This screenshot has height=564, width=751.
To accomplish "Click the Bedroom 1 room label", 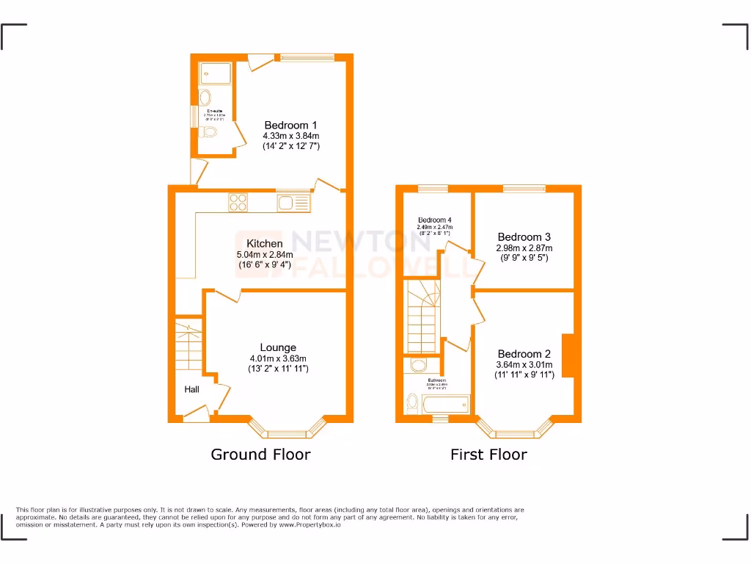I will tap(290, 125).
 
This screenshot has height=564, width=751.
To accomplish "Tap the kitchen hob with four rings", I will tap(238, 202).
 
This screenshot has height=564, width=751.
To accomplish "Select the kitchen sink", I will tap(293, 202).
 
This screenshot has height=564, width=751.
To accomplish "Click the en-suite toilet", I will tap(210, 133).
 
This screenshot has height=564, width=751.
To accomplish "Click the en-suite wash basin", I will tap(205, 98).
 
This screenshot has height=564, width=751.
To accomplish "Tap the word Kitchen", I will tap(264, 244).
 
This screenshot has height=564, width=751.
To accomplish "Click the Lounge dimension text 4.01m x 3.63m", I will tap(277, 358).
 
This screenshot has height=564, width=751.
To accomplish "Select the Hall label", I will tap(191, 389).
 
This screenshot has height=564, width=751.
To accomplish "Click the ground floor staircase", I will tap(188, 347).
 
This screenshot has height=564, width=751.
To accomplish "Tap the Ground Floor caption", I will tap(260, 455).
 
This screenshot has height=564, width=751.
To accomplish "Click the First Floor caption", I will tap(488, 455).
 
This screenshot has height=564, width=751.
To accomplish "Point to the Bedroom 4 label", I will tap(435, 220).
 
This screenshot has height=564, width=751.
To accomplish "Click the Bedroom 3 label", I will tap(524, 237).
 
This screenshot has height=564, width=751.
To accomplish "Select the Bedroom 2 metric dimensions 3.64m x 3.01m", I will tap(524, 365).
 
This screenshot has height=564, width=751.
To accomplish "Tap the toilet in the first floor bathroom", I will tap(411, 403).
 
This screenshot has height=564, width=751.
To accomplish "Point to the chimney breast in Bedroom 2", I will tap(568, 356).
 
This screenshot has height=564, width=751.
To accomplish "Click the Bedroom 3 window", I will tap(524, 189).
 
